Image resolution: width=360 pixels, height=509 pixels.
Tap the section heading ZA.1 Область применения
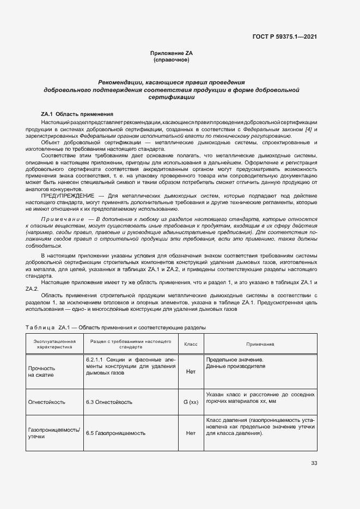point(77,114)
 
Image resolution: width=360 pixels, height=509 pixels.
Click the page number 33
point(314,463)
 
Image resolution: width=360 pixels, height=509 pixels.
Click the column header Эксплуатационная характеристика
point(54,344)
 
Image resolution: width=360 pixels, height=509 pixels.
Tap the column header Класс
point(191,344)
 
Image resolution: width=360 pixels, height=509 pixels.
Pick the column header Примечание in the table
point(260,344)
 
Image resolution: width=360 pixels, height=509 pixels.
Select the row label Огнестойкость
point(47,402)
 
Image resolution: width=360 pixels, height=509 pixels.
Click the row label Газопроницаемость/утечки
point(54,433)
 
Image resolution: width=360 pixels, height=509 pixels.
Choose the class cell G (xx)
point(191,402)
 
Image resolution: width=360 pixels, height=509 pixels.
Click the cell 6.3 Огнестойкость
point(109,402)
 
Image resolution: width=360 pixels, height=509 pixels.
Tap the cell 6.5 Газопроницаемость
point(115,433)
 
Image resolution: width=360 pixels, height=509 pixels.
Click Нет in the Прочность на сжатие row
point(191,371)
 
